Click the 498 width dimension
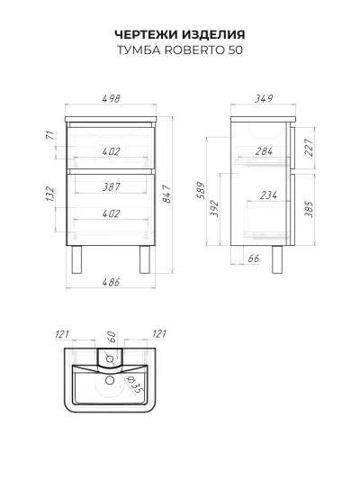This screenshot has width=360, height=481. pos(111,99)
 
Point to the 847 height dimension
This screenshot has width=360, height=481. pos(167,194)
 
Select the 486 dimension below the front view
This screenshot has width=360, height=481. pos(111,282)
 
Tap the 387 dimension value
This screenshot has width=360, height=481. pos(111,186)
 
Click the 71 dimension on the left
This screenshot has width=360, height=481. pos(49,135)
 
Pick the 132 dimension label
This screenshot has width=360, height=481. pos(49,194)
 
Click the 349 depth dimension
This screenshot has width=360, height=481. pos(264,99)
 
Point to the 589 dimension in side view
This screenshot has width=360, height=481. pos(201,190)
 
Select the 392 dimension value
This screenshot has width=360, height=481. pos(215,209)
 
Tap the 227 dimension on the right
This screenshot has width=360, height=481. pos(310,148)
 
